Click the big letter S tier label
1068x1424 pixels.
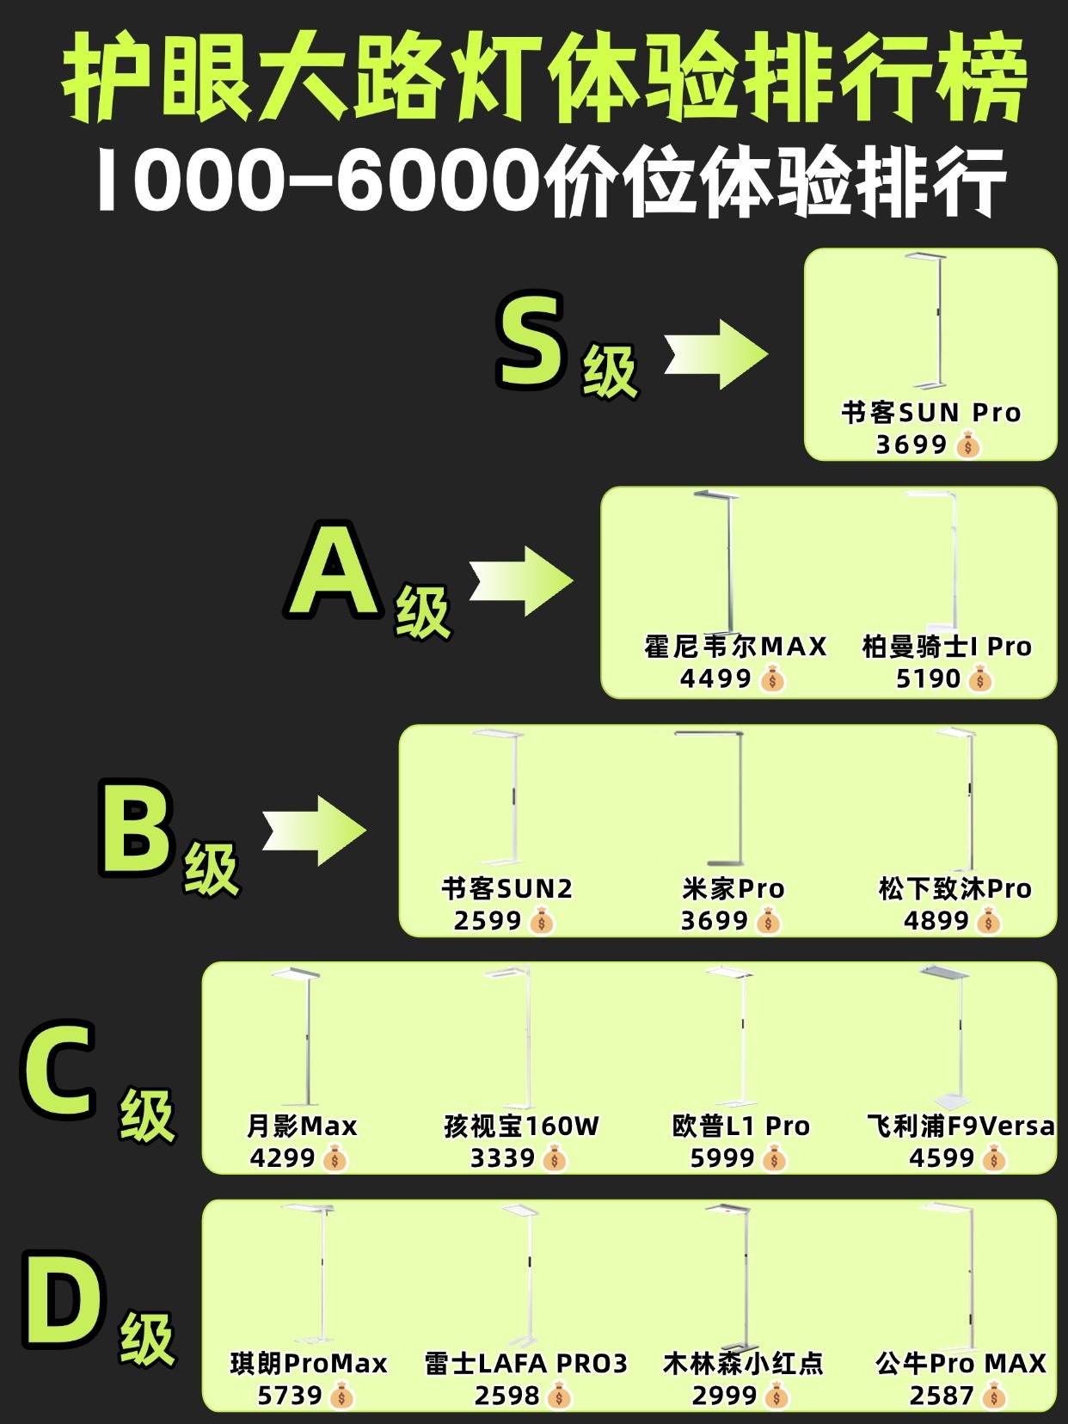click(x=529, y=340)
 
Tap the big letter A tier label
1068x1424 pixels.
click(x=334, y=569)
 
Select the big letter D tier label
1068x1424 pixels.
click(x=64, y=1300)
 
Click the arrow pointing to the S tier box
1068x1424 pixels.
click(x=715, y=354)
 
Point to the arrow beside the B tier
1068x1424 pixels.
click(x=314, y=831)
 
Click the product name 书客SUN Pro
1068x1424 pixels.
click(x=930, y=413)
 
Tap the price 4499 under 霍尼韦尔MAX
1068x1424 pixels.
click(x=715, y=678)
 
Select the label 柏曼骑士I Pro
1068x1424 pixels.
click(x=946, y=647)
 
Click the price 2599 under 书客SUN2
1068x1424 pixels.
click(x=487, y=921)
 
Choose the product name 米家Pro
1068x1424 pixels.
click(x=733, y=889)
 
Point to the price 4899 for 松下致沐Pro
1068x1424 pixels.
click(x=936, y=921)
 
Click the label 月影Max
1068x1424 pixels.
click(x=302, y=1126)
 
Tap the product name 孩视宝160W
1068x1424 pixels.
click(x=521, y=1126)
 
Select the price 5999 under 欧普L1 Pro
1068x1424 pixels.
click(x=721, y=1158)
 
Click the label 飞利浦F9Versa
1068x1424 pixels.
click(x=961, y=1126)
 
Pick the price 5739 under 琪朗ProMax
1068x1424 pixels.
click(x=290, y=1396)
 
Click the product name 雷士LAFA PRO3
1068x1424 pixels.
click(x=525, y=1364)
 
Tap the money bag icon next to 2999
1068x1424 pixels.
click(x=776, y=1396)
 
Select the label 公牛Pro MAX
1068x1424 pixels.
click(x=961, y=1364)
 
